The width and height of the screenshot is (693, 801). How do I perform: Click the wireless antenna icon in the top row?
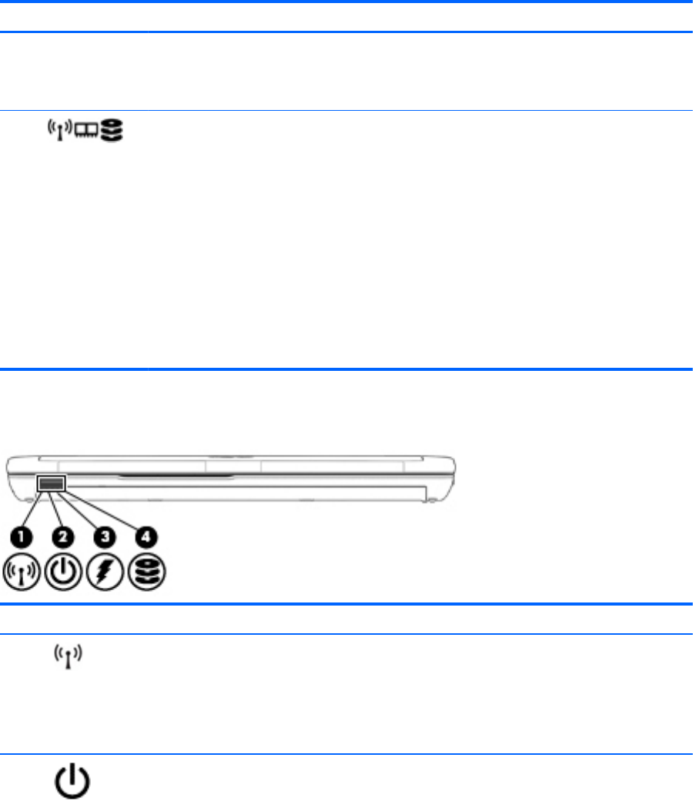coord(60,130)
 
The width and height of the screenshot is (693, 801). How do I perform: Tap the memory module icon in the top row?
coord(86,131)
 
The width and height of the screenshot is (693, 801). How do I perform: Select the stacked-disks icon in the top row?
coord(112,130)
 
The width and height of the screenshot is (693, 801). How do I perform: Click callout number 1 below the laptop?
coord(21,537)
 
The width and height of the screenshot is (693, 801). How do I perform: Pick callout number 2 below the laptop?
coord(63,537)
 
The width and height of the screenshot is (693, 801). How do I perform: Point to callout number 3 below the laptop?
coord(105,537)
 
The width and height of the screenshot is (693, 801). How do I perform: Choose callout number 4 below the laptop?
coord(146,537)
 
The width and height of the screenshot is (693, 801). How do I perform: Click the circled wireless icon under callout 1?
coord(21,572)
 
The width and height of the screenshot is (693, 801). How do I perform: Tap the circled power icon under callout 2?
coord(63,572)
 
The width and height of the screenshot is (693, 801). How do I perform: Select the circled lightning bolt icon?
coord(105,572)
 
